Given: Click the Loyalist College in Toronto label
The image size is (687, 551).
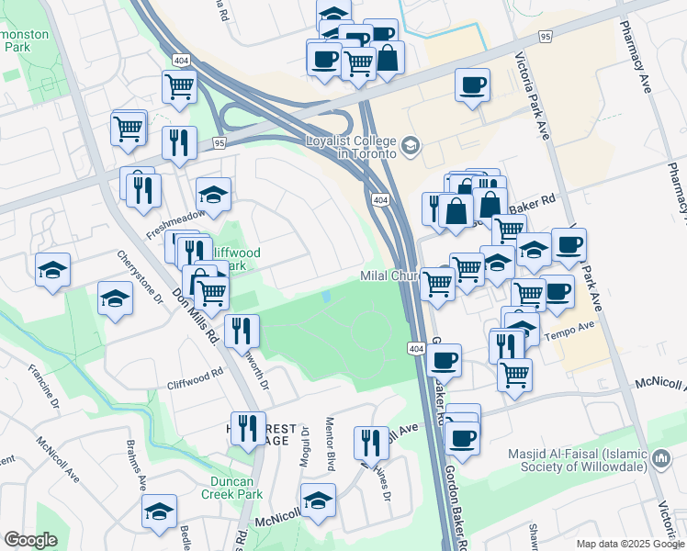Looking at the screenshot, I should [x=352, y=147].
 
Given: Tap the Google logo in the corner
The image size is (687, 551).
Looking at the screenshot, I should [x=30, y=539].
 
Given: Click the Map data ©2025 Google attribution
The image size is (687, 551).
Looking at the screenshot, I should [x=630, y=544].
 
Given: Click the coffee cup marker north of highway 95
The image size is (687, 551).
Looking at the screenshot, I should [x=472, y=86].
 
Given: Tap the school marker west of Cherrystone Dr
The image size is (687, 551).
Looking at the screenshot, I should [x=52, y=270].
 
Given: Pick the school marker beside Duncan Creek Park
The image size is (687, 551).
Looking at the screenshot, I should [x=159, y=512].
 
